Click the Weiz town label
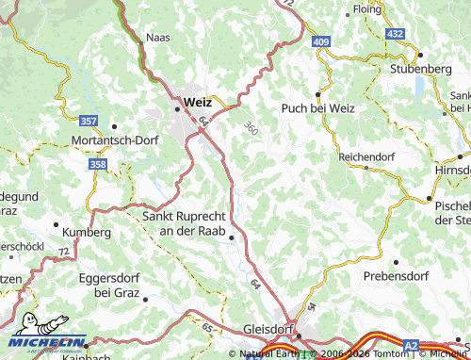[x=199, y=100]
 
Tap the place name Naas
[x=157, y=39]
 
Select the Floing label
[x=366, y=9]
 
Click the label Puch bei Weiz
[x=318, y=108]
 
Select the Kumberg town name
[x=87, y=232]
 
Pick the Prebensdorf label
[x=396, y=276]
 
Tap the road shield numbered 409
[x=322, y=41]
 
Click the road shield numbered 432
[x=395, y=34]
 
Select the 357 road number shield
[x=89, y=122]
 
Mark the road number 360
[x=250, y=126]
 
